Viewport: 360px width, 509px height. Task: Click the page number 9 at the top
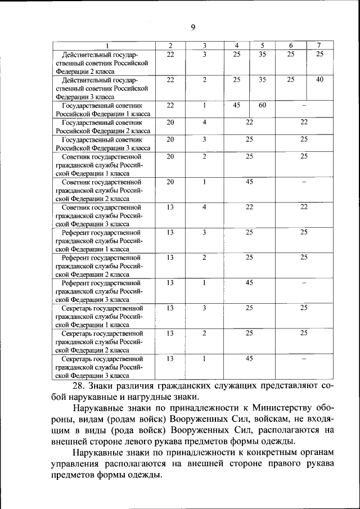[193, 27]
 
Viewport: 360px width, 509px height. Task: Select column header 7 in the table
[318, 45]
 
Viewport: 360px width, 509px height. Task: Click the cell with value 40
[319, 79]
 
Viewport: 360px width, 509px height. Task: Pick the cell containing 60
[262, 105]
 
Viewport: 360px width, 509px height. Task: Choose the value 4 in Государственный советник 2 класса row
[205, 122]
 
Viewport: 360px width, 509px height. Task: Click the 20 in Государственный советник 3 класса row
[170, 139]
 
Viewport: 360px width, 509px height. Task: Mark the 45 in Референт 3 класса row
[249, 282]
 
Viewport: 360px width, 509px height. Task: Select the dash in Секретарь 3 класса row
[303, 358]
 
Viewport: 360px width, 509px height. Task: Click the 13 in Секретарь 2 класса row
[170, 333]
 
